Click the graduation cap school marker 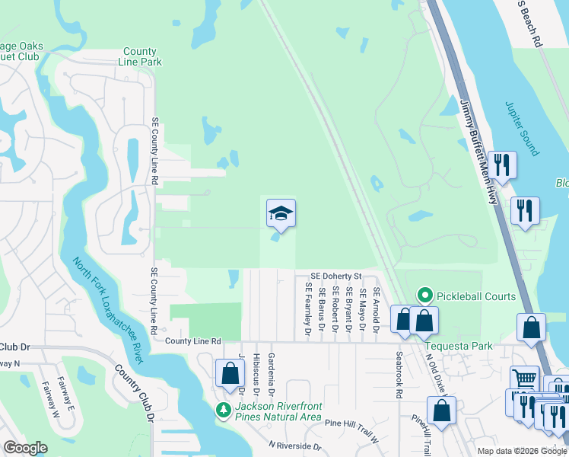281,213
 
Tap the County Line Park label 140,57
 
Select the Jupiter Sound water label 522,126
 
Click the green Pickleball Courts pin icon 425,296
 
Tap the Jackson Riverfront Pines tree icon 223,410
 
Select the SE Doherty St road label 335,276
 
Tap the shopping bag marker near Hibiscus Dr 229,374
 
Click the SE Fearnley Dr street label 308,309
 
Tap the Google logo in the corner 24,448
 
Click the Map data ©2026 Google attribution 522,451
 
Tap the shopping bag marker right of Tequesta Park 531,328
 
